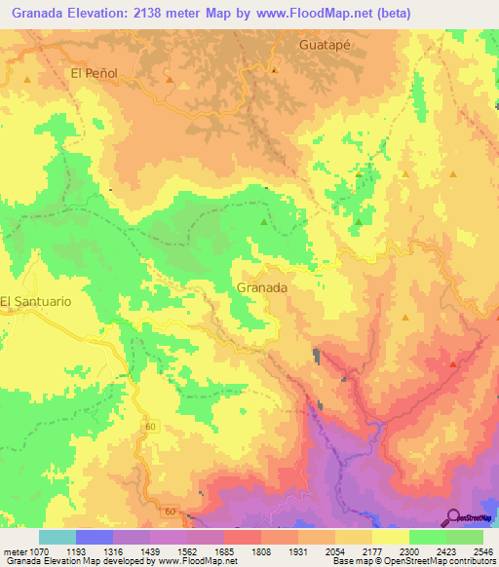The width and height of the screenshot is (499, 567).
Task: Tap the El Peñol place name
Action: coord(95,72)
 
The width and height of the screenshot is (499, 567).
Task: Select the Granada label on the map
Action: coord(262,288)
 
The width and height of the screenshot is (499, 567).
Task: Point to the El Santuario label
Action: coord(35,302)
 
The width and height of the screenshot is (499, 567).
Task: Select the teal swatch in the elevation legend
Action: coord(58,537)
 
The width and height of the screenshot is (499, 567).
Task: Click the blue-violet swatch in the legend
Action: coord(95,537)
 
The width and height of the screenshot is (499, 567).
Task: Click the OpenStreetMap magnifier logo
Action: coord(452,517)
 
